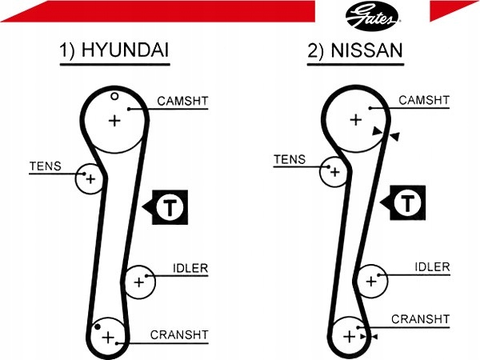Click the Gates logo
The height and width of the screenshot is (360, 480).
[x=373, y=16]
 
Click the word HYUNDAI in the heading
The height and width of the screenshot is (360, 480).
[x=125, y=50]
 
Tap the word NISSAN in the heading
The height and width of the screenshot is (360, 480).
[x=366, y=50]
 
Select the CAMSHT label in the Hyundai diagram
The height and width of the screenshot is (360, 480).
[x=182, y=101]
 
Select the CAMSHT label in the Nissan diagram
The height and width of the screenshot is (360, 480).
[x=424, y=100]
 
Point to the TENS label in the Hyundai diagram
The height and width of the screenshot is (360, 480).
[x=46, y=166]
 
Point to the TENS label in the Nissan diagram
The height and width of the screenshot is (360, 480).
[x=290, y=159]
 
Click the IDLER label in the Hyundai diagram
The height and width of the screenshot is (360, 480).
[x=190, y=269]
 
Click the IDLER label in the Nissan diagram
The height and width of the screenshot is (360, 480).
[x=432, y=267]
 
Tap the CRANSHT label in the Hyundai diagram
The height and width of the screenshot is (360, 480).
[x=179, y=335]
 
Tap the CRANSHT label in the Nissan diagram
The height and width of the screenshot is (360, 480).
[x=420, y=319]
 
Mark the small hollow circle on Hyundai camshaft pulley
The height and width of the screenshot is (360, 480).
[x=114, y=97]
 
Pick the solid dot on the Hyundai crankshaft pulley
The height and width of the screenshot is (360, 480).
[x=98, y=327]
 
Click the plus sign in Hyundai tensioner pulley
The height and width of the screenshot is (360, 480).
[x=90, y=178]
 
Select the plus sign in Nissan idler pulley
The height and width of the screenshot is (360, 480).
[x=371, y=281]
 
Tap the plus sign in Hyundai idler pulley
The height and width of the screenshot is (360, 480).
[x=139, y=282]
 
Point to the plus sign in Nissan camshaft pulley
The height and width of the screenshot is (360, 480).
[x=356, y=120]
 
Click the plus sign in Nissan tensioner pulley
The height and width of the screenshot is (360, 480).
[x=335, y=172]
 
